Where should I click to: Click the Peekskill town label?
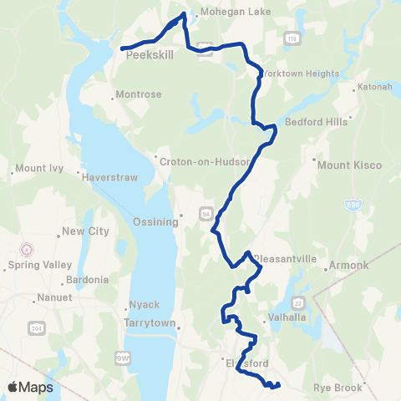coord(147,60)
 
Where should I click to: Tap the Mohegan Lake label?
coord(226,13)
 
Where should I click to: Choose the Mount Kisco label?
coord(349,165)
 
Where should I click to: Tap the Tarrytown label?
coord(149,322)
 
